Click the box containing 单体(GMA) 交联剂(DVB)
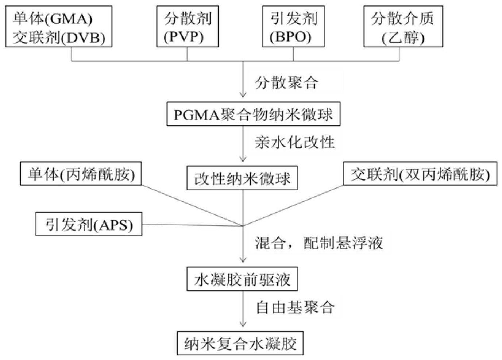(58, 26)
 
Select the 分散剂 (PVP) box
(187, 26)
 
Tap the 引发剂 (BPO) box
(293, 26)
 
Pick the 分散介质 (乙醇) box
(403, 26)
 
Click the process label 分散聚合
(286, 83)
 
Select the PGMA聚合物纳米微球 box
(253, 114)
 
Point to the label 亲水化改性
(294, 142)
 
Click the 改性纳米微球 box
(242, 178)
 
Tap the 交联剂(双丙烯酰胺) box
(420, 174)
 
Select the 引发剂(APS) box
(89, 224)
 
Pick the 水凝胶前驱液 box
(242, 279)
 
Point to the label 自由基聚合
(295, 307)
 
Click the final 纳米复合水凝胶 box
(240, 343)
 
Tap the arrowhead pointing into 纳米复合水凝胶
(243, 324)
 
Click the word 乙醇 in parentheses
(403, 38)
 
